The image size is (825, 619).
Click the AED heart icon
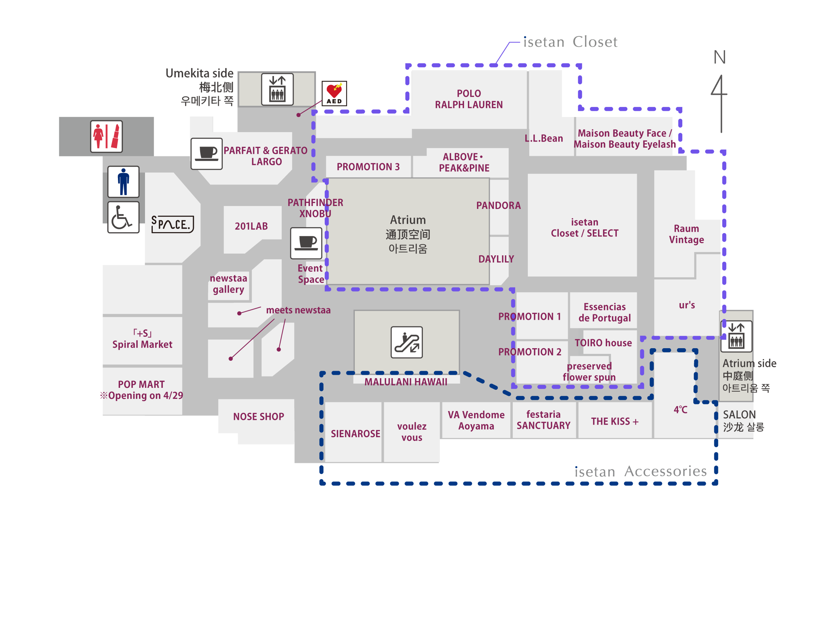click(334, 93)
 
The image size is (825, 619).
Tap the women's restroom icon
click(106, 136)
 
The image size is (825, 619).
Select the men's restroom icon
click(123, 182)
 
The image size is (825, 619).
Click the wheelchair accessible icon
click(123, 217)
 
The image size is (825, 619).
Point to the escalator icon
click(406, 342)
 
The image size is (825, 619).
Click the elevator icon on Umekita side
click(277, 90)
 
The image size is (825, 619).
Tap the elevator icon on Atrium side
click(736, 336)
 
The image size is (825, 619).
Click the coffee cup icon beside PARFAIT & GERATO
click(207, 154)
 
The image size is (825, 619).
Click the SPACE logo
click(172, 224)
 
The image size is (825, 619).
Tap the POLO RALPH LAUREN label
click(469, 99)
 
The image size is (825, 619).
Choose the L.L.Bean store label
click(544, 138)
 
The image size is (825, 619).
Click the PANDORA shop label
click(498, 206)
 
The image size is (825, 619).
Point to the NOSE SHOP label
click(258, 417)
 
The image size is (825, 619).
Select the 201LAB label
click(251, 226)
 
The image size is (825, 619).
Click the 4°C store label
click(680, 410)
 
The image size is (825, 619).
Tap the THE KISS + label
click(615, 422)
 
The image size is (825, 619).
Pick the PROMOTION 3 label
click(368, 167)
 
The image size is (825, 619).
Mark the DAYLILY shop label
click(496, 259)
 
